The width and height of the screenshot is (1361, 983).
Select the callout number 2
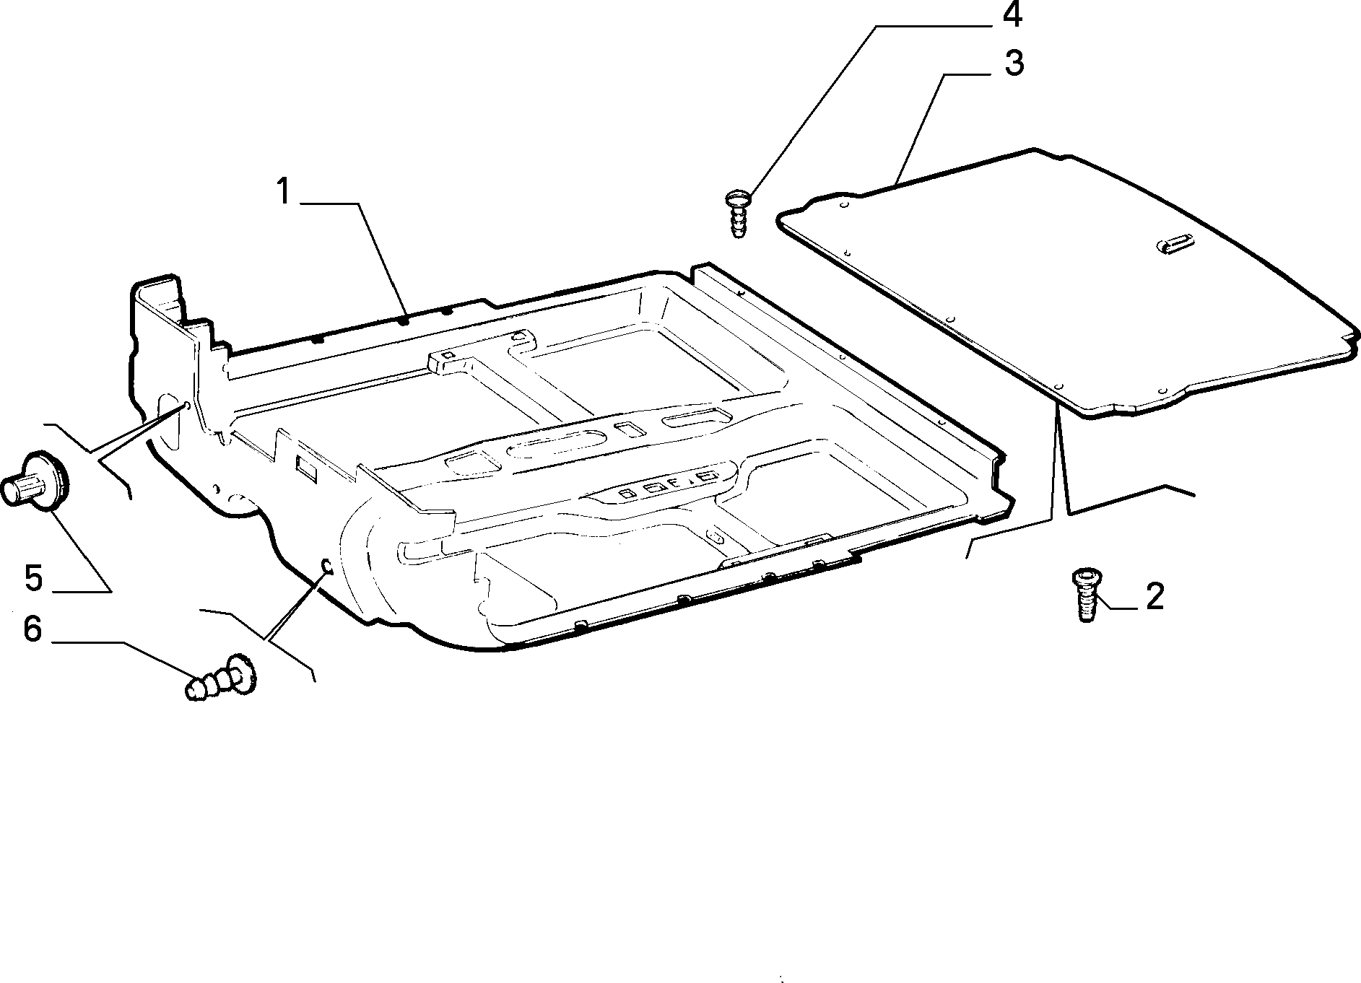point(1155,597)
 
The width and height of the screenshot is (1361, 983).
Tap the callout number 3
point(1014,64)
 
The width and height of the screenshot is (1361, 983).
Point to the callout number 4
point(1012,16)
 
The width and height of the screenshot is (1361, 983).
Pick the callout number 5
point(34,577)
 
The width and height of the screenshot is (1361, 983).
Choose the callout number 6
point(32,629)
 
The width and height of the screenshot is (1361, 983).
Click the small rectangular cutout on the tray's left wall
point(305,468)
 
